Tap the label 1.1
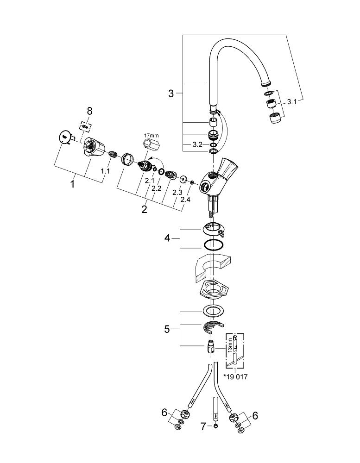106,171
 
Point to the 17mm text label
151,135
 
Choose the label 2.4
185,200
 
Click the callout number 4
168,239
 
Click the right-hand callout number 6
254,415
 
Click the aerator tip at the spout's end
275,118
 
